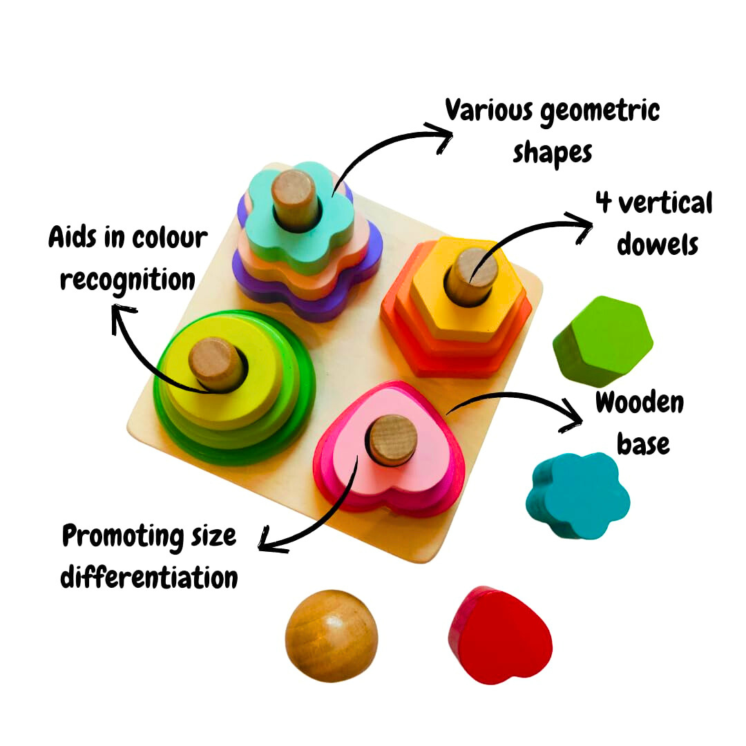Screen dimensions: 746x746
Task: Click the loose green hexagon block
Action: pos(602,340)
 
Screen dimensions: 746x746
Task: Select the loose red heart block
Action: pos(500,636)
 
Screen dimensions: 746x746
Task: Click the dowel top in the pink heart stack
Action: pos(392,437)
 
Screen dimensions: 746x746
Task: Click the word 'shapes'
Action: pos(552,152)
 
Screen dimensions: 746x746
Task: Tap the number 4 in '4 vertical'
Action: pos(604,204)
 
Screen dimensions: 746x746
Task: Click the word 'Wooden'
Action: pos(639,403)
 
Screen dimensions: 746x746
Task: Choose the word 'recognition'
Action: pos(128,280)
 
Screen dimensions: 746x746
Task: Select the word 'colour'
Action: pos(169,238)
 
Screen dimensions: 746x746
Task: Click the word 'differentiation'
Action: pos(149,577)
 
